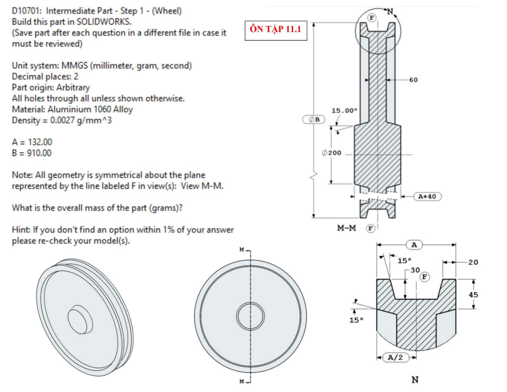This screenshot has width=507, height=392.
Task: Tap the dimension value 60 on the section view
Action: pyautogui.click(x=413, y=80)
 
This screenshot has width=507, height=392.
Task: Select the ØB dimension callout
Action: pyautogui.click(x=313, y=120)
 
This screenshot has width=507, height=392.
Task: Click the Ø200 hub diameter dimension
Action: pyautogui.click(x=332, y=153)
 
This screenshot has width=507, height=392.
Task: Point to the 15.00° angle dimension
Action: pyautogui.click(x=344, y=110)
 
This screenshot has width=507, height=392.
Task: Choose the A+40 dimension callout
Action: pyautogui.click(x=428, y=196)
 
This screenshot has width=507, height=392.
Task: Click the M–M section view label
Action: pyautogui.click(x=346, y=228)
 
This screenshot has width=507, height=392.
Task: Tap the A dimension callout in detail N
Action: pyautogui.click(x=414, y=245)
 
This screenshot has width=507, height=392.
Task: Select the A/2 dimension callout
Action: pyautogui.click(x=396, y=357)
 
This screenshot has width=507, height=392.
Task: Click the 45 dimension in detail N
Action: pyautogui.click(x=473, y=295)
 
